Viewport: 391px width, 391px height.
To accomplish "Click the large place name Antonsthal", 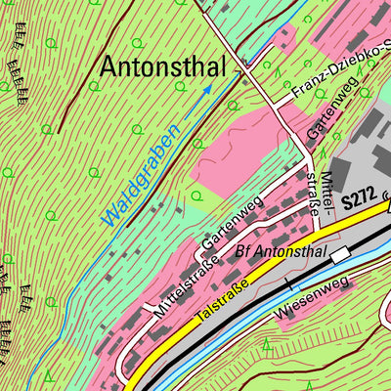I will pyautogui.click(x=164, y=67).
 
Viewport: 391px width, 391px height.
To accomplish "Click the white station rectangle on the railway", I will pyautogui.click(x=339, y=254).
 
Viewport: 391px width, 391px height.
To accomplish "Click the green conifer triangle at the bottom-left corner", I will pyautogui.click(x=47, y=376).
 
